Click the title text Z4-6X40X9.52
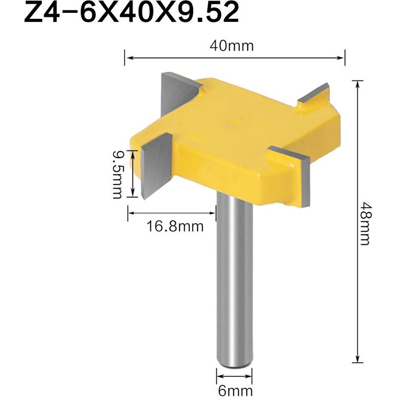(132, 14)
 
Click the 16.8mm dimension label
(175, 227)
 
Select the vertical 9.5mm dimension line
(133, 174)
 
